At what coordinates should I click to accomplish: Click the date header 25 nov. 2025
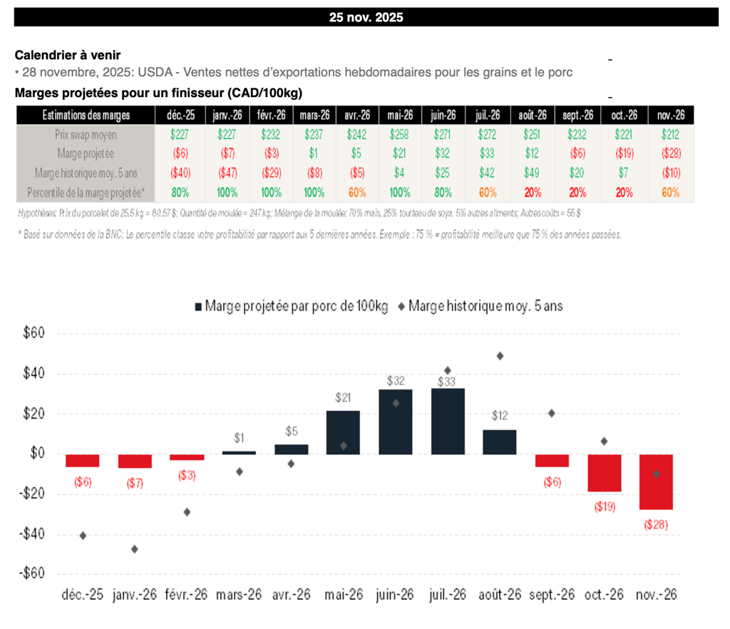(366, 17)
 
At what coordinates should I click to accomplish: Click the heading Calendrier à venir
(68, 55)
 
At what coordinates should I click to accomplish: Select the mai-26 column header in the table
(399, 115)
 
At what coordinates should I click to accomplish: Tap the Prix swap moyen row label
(86, 134)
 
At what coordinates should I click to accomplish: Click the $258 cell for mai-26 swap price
(399, 134)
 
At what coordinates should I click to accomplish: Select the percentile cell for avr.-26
(356, 192)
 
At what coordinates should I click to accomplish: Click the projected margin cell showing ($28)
(670, 153)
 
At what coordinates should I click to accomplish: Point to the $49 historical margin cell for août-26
(533, 173)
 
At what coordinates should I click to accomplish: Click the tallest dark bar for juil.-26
(448, 421)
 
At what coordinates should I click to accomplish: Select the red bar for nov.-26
(656, 482)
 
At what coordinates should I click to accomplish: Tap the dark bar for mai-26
(343, 432)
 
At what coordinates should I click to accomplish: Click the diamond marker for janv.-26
(135, 549)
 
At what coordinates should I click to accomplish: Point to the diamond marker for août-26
(500, 356)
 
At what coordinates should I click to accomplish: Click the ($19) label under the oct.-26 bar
(604, 507)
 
